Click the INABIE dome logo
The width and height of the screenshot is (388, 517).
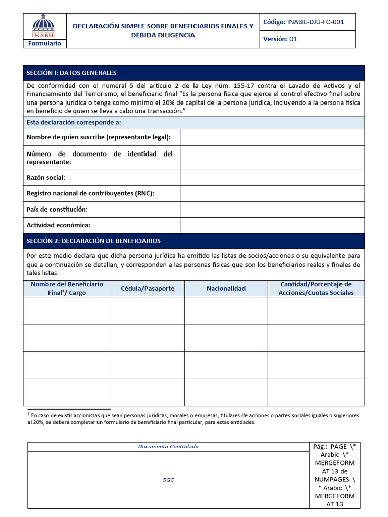pos(44,26)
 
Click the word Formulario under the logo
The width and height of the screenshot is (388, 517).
pos(44,43)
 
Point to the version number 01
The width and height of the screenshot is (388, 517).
pos(293,39)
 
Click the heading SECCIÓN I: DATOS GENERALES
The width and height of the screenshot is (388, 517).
pos(71,73)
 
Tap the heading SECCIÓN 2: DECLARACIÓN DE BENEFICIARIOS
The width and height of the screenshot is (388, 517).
pos(93,241)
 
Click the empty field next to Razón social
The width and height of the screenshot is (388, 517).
pos(272,178)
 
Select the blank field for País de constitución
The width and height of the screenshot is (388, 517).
pos(272,209)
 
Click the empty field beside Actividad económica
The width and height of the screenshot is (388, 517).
pos(272,225)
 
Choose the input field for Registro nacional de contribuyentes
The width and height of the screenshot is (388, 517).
pos(272,193)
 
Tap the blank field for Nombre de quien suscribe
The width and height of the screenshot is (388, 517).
pos(272,137)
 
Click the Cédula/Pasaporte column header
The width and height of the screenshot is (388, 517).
pos(148,288)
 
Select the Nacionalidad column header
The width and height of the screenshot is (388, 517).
pos(226,288)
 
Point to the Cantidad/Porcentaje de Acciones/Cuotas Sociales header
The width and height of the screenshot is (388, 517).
pos(316,288)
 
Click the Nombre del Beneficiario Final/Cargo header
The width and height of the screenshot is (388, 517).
pos(67,288)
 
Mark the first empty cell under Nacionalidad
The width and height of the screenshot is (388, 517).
pos(226,311)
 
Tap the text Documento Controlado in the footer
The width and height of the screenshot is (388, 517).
pos(168,446)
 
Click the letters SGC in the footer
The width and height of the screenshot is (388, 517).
pos(168,480)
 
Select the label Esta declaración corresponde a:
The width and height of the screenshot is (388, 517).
pos(74,122)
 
